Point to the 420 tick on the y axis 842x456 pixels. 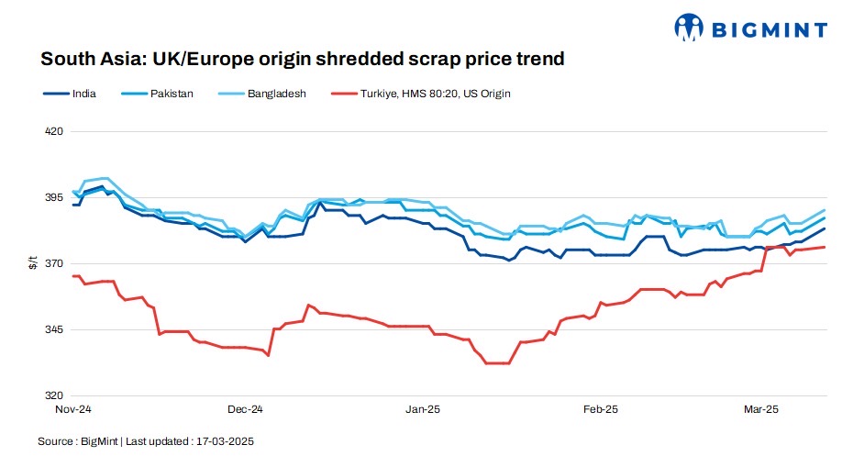[54, 131]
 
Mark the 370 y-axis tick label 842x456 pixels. [54, 263]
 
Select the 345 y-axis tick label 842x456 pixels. [54, 329]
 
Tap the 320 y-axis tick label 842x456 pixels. [54, 395]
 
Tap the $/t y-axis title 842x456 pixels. [34, 263]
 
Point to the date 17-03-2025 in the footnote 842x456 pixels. [224, 441]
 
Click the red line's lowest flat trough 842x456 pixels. [497, 363]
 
